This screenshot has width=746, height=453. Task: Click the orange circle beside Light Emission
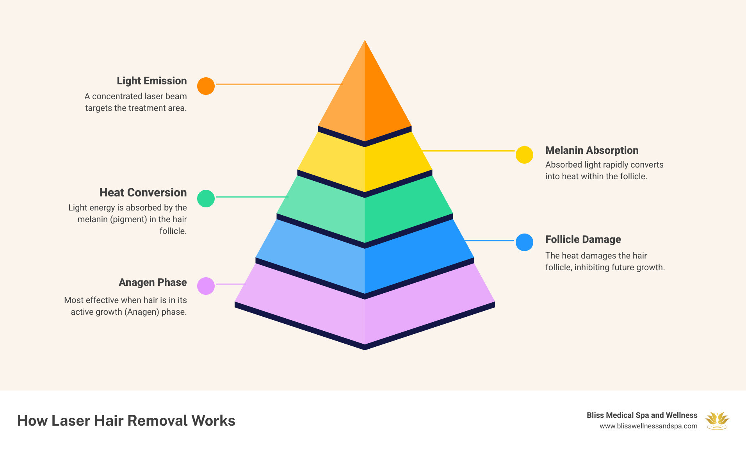(206, 86)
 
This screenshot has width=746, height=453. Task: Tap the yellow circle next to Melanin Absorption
(524, 155)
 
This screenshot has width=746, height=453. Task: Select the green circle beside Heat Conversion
(206, 198)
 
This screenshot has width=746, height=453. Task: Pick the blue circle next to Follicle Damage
(524, 242)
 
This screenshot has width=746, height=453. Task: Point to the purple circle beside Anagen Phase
(206, 286)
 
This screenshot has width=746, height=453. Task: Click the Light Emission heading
(151, 81)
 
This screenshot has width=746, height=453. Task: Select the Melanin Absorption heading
(591, 150)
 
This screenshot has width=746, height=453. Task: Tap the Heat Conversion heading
(143, 193)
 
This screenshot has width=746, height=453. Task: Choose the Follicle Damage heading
(583, 239)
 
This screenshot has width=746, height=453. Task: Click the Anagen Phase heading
(153, 282)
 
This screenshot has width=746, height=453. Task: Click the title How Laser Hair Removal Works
(126, 421)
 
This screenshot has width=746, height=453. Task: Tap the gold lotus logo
(717, 421)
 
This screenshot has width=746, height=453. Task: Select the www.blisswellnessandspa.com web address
(648, 426)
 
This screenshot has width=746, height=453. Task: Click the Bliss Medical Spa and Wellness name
(642, 415)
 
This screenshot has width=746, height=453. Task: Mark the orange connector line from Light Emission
(279, 84)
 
